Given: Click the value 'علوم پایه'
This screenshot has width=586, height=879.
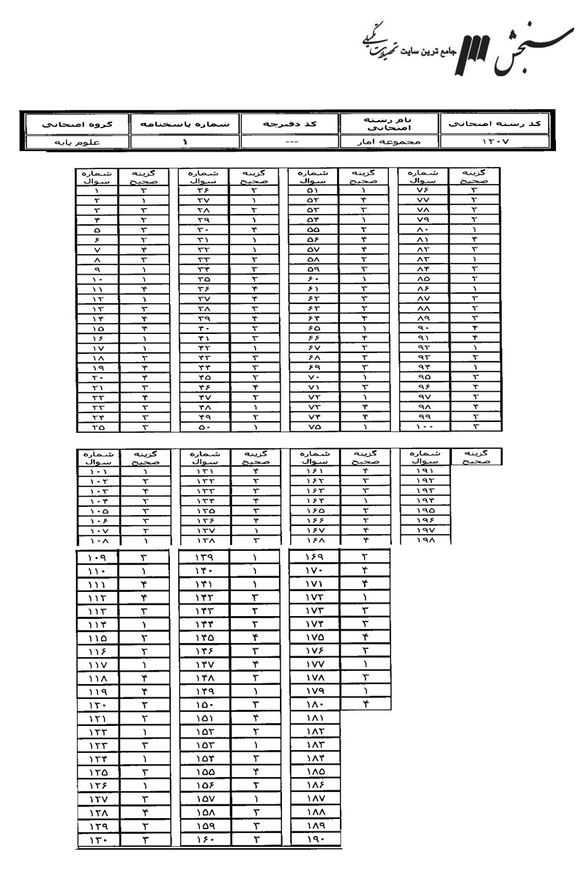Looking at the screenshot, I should click(x=73, y=142).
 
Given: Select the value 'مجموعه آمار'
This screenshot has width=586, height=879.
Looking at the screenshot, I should click(x=389, y=142).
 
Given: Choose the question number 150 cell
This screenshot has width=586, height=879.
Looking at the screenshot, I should click(x=204, y=705).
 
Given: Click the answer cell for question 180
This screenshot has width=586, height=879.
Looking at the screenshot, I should click(x=365, y=705).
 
